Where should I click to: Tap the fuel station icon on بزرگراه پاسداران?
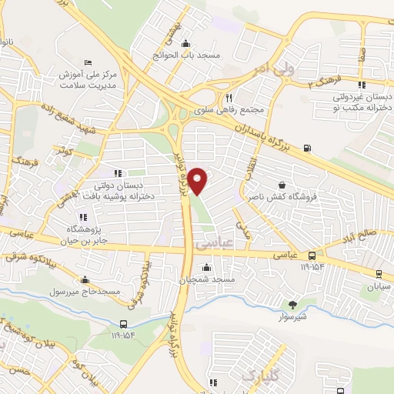coord(308,148)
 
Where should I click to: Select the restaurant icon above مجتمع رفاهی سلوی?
coord(229,98)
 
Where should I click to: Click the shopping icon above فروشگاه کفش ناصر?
coord(282,185)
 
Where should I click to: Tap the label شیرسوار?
coord(291,316)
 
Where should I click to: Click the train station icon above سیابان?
coord(379,273)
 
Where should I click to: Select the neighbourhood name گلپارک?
coord(260,376)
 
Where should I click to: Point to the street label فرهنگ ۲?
coord(324,80)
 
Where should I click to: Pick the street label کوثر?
coord(64,152)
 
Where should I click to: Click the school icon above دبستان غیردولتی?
coord(362,85)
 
